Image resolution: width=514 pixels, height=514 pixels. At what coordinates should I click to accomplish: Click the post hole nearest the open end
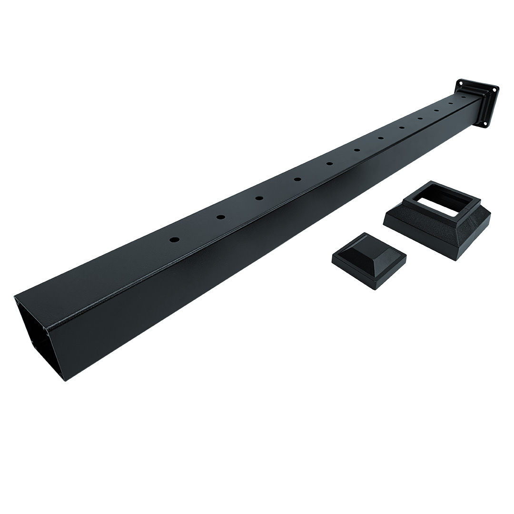coord(175,239)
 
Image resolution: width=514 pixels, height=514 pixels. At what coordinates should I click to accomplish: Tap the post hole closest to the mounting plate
coord(464,97)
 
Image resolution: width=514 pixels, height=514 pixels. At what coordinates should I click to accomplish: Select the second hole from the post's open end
coord(221,217)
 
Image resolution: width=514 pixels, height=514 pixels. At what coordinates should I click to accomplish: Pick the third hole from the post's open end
coord(259,198)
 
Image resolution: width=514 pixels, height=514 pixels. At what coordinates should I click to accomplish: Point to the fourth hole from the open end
coord(297,179)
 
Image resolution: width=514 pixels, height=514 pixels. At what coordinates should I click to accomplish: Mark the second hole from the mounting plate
coord(450,103)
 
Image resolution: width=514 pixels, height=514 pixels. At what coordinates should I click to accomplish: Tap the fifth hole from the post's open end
coord(329,164)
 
